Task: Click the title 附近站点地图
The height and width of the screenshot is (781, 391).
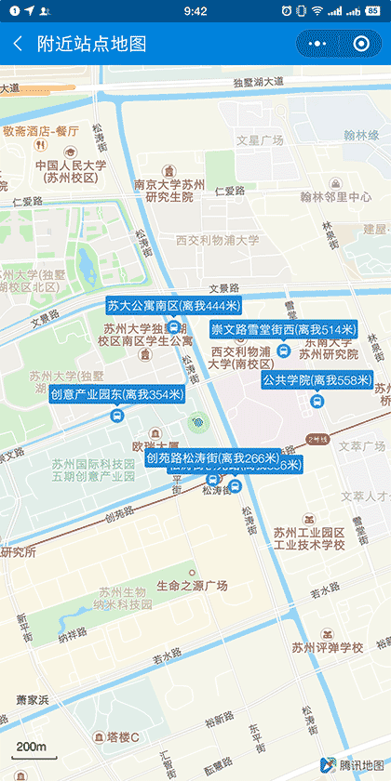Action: tap(91, 44)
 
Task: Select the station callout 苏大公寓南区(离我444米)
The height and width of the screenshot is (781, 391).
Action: tap(173, 306)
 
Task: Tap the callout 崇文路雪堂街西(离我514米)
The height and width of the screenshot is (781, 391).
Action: tap(283, 329)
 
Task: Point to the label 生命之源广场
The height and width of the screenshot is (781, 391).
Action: tap(192, 586)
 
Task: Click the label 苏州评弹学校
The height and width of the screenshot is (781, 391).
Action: tap(326, 647)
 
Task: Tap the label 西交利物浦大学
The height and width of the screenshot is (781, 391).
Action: tap(218, 240)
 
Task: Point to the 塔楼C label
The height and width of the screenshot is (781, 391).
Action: tap(122, 737)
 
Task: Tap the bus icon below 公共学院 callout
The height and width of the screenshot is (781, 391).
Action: tap(316, 402)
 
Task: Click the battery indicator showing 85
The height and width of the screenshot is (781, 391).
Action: tap(376, 11)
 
